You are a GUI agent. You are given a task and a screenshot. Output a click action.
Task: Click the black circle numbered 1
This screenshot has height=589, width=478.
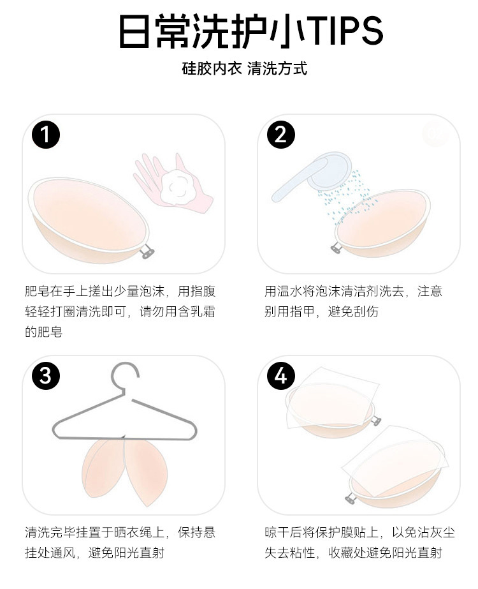(x=46, y=135)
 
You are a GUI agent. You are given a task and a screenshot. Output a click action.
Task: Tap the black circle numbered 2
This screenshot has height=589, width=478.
(x=280, y=135)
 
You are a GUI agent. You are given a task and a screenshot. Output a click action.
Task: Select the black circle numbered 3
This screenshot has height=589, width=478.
(x=46, y=376)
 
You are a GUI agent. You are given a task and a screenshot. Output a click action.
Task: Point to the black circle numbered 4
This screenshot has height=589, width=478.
(x=280, y=376)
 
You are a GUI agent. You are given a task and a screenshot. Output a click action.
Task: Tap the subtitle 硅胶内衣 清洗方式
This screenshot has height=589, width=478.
(x=245, y=69)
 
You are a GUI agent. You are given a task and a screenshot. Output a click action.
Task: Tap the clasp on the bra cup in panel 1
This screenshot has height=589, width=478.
(x=147, y=250)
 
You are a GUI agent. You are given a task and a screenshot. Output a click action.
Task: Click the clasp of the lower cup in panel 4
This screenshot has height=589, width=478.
(x=351, y=498)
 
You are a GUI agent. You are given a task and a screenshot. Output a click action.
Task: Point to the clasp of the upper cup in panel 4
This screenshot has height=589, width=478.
(x=376, y=421)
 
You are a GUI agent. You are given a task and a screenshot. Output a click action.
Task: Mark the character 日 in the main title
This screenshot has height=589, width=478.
(x=134, y=31)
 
